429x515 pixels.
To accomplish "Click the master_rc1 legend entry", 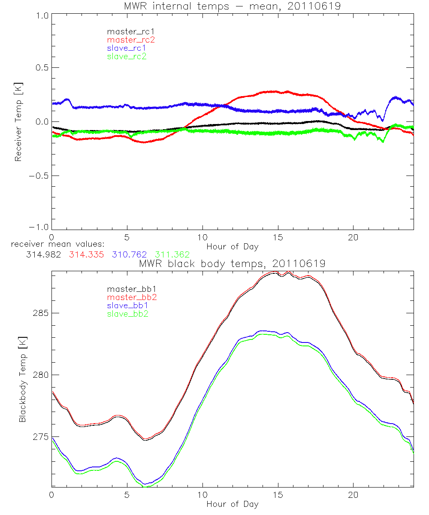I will point(127,31).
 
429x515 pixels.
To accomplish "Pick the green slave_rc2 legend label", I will point(127,56).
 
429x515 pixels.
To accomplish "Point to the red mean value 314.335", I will point(86,255).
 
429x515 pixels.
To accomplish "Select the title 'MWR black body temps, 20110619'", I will point(233,264).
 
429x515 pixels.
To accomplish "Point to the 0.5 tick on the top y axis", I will point(41,68).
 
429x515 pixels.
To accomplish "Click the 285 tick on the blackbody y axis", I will point(41,313).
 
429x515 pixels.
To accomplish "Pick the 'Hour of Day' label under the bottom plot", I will point(233,504).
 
